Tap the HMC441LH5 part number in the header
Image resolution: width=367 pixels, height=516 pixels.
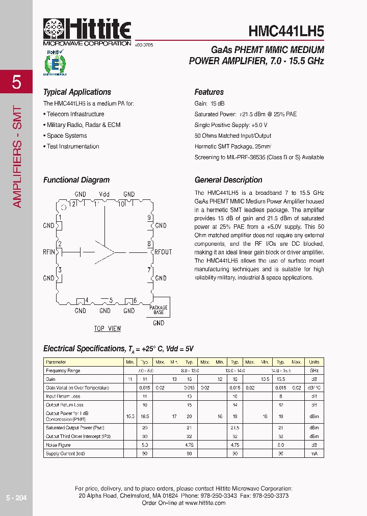[x=286, y=31]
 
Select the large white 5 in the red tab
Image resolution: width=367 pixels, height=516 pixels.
[x=16, y=82]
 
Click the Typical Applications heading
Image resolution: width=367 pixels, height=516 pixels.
[x=77, y=92]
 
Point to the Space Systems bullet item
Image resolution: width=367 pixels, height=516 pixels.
[x=67, y=136]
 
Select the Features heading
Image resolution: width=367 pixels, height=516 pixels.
[x=209, y=92]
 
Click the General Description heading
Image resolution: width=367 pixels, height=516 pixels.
[x=228, y=180]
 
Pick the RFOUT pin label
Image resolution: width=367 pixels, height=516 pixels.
[x=163, y=252]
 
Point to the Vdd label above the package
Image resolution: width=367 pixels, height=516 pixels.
[x=104, y=194]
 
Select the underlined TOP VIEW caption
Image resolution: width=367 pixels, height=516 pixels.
[x=108, y=329]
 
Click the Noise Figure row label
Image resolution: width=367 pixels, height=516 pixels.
[x=58, y=445]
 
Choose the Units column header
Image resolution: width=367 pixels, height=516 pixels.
[x=314, y=362]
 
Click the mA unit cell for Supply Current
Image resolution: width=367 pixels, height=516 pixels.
[x=314, y=454]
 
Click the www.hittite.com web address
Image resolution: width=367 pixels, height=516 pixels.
[x=205, y=503]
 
